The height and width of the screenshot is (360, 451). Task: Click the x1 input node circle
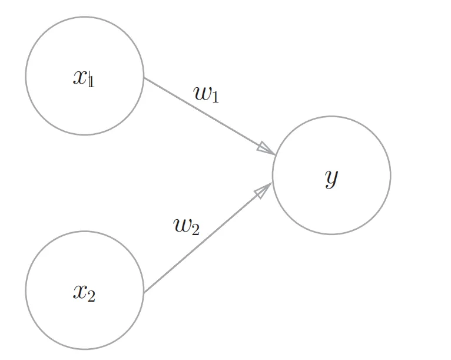pyautogui.click(x=85, y=75)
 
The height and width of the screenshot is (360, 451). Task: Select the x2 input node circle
pyautogui.click(x=85, y=290)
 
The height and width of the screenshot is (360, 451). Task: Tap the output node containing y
pyautogui.click(x=331, y=175)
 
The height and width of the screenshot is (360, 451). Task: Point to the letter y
pyautogui.click(x=331, y=179)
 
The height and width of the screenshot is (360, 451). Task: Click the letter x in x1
pyautogui.click(x=80, y=77)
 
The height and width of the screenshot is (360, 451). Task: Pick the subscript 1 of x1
pyautogui.click(x=92, y=81)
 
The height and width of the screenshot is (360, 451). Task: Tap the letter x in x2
pyautogui.click(x=80, y=292)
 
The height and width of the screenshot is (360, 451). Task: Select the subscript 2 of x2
pyautogui.click(x=91, y=296)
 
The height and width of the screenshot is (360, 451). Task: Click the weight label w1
pyautogui.click(x=206, y=94)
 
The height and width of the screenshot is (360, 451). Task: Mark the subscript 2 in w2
pyautogui.click(x=195, y=230)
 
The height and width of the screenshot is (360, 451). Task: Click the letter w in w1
pyautogui.click(x=203, y=93)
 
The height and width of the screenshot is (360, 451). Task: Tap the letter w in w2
pyautogui.click(x=182, y=226)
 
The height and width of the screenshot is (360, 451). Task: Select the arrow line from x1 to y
pyautogui.click(x=210, y=116)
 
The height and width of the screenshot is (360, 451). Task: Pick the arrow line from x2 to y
pyautogui.click(x=208, y=237)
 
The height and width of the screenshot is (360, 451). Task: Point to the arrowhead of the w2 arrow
pyautogui.click(x=263, y=190)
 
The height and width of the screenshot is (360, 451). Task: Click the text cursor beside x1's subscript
pyautogui.click(x=89, y=78)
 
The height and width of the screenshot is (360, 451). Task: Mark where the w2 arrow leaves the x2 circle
pyautogui.click(x=144, y=292)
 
